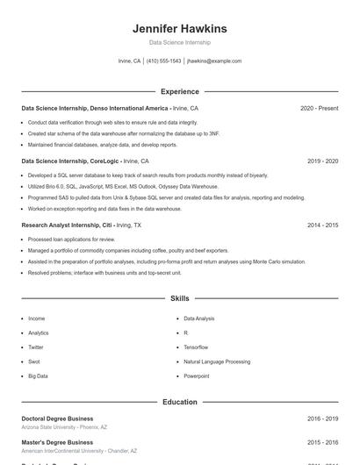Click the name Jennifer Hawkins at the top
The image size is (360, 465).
(179, 28)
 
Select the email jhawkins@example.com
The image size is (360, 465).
(214, 61)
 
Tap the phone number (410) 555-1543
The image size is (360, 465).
(164, 61)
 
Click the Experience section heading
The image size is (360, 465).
(179, 91)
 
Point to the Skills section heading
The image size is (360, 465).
(179, 299)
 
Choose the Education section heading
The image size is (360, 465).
(179, 402)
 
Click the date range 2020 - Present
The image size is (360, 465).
(319, 108)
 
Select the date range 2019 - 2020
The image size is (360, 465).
(322, 161)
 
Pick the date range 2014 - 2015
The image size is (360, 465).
(322, 225)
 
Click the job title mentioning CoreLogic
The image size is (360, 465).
(84, 161)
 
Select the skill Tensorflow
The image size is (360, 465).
(196, 347)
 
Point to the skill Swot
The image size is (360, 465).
(34, 361)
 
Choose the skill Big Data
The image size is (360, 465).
(38, 376)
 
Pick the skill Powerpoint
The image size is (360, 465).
(197, 376)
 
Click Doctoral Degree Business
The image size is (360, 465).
(57, 419)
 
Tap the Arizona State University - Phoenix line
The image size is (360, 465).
(63, 427)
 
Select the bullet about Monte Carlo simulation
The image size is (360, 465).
(167, 261)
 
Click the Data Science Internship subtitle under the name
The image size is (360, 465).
(179, 42)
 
